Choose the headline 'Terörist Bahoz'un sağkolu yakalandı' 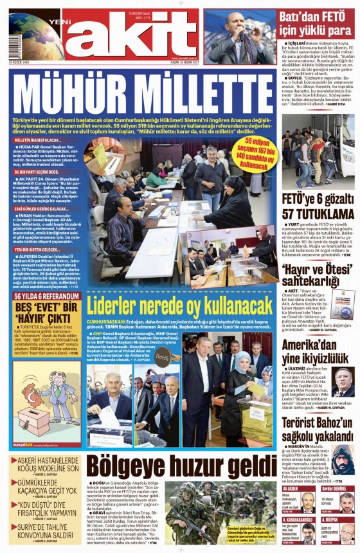tap(318, 430)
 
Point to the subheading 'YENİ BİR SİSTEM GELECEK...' tap(38, 248)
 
